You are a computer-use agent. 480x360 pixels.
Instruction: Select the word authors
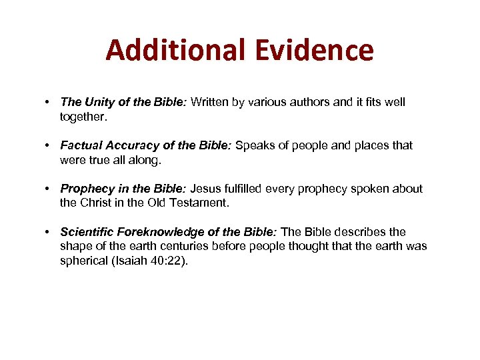(x=311, y=102)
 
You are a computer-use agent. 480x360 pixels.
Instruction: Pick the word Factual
(x=80, y=145)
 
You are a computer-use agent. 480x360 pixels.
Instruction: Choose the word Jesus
(x=207, y=189)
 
